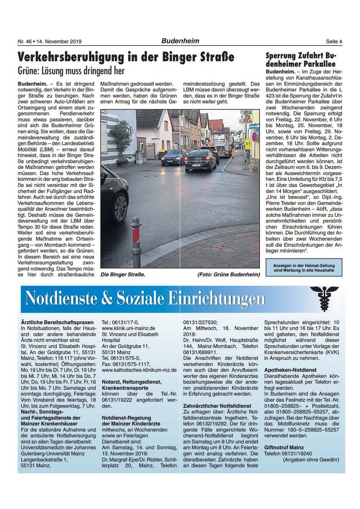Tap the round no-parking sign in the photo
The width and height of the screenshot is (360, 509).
click(x=254, y=137)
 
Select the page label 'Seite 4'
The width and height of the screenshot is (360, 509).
click(x=334, y=42)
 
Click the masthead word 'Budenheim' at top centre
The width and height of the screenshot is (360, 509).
click(x=180, y=41)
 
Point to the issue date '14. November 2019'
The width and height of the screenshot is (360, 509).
click(x=59, y=42)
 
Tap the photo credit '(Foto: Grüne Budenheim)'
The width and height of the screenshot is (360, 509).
click(x=229, y=274)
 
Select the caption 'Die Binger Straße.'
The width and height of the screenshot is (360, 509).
click(x=123, y=274)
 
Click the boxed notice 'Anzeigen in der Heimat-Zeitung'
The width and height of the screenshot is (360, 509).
click(x=304, y=267)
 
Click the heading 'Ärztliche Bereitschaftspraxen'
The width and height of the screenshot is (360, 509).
click(x=57, y=322)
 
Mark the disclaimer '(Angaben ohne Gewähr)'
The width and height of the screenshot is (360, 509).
click(x=311, y=459)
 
